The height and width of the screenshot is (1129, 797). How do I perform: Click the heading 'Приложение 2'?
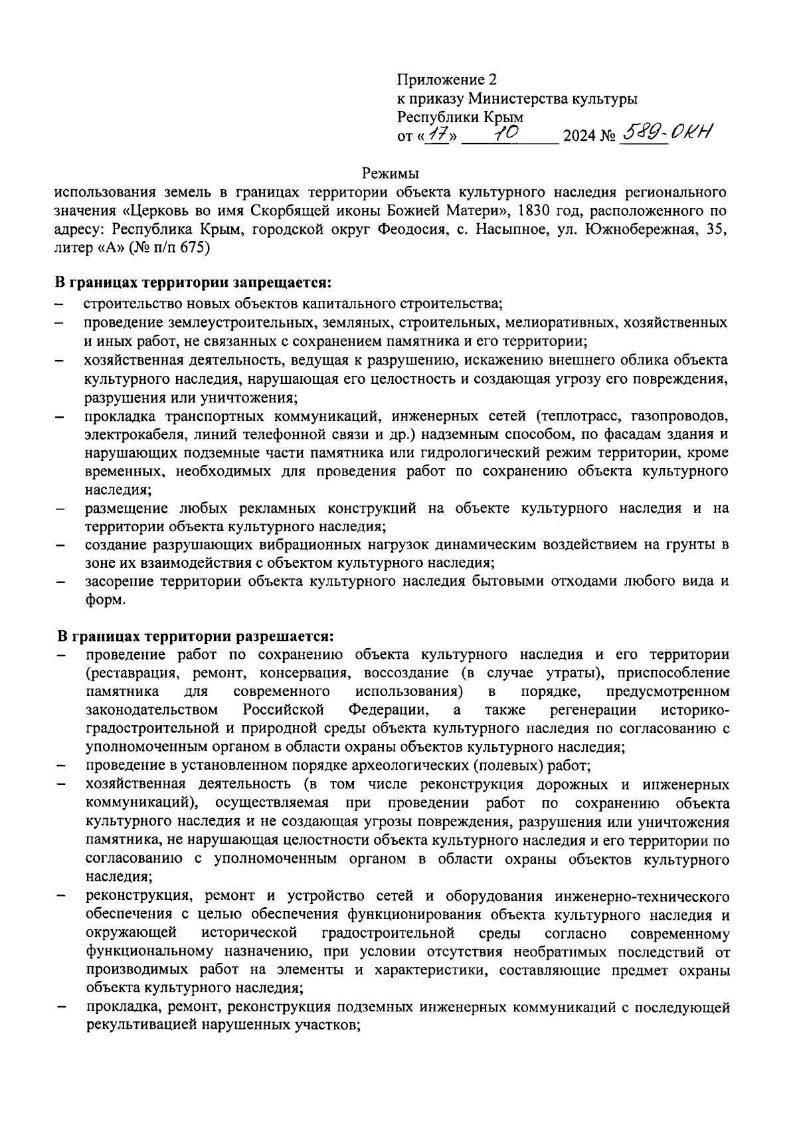446,80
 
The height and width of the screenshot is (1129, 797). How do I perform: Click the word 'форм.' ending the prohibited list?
105,599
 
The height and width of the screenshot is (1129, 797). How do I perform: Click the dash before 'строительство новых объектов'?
60,305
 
